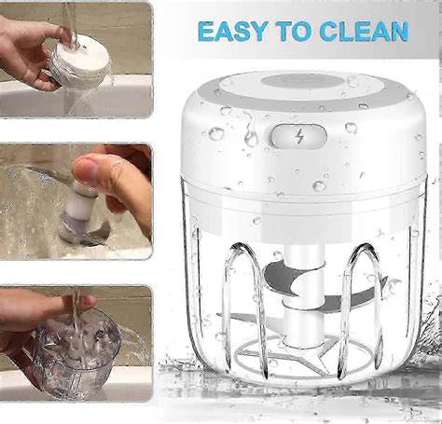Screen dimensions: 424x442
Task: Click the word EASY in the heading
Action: pyautogui.click(x=228, y=31)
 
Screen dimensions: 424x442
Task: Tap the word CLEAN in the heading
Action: pyautogui.click(x=362, y=31)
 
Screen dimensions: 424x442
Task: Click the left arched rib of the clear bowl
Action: pyautogui.click(x=240, y=298)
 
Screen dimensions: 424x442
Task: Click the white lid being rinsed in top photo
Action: pyautogui.click(x=78, y=62)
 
